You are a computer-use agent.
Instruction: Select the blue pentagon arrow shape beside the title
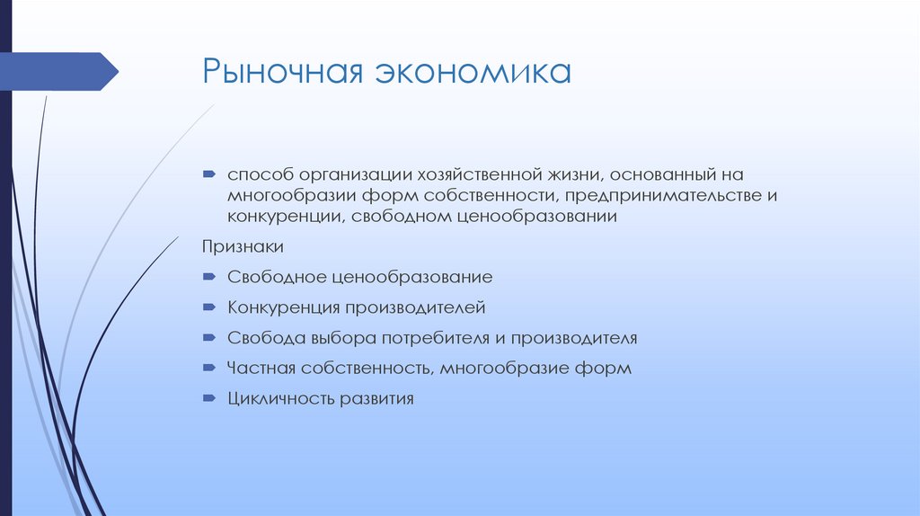point(59,72)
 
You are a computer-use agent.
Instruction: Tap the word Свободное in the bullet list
point(272,278)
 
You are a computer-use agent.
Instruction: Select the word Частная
point(259,368)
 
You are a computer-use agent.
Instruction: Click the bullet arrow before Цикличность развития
point(208,397)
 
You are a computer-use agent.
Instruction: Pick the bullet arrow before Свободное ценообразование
point(208,277)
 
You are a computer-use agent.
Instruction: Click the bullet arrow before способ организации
point(208,173)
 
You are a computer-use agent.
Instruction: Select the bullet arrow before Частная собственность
point(208,367)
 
